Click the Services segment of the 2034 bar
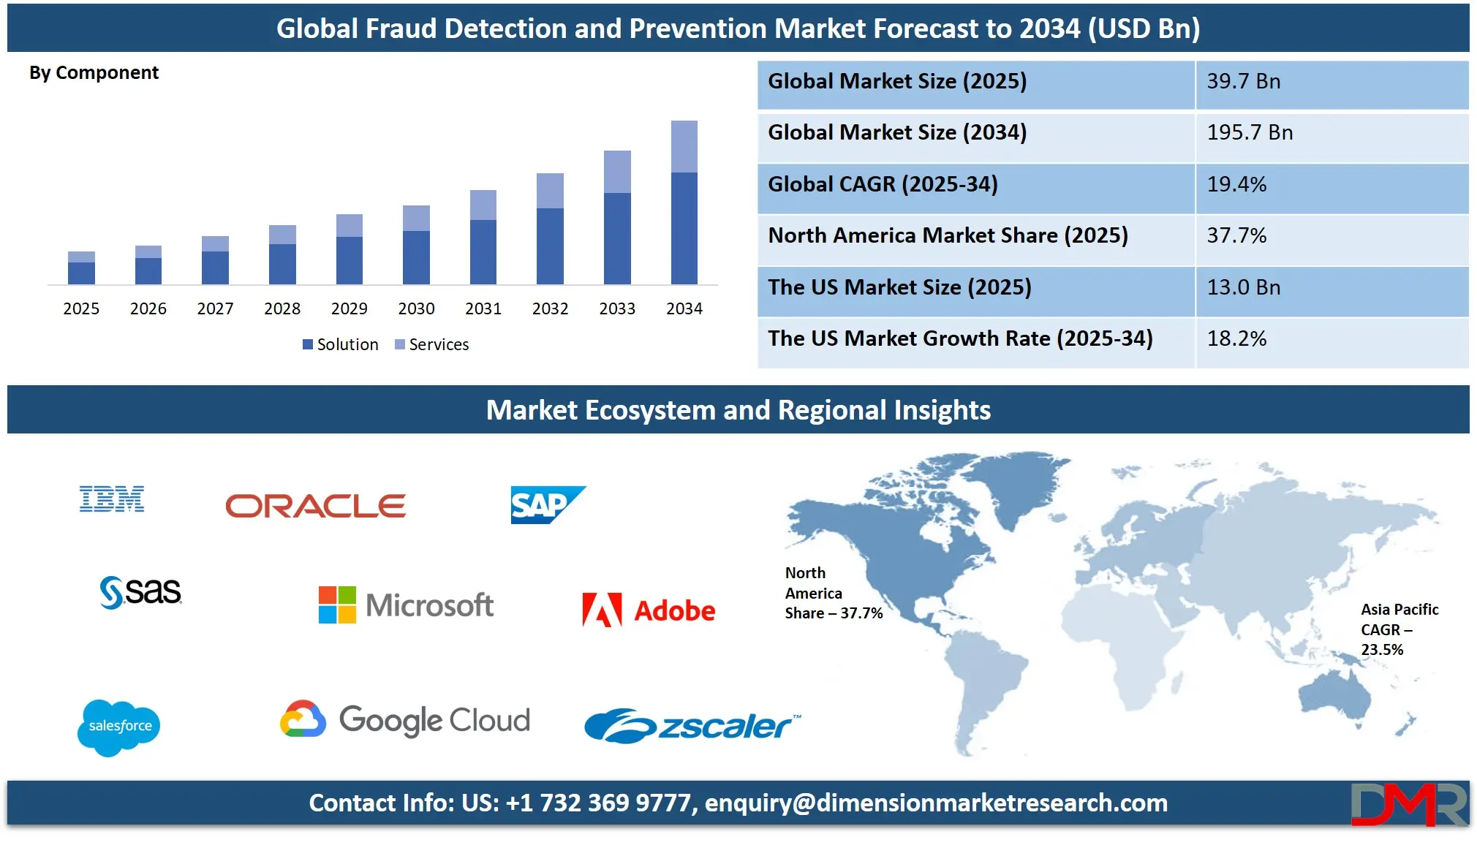point(684,146)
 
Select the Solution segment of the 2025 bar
point(81,273)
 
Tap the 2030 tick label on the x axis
point(416,308)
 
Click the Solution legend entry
point(341,344)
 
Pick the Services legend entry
point(431,344)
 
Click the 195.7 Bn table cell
point(1250,133)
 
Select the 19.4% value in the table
point(1236,184)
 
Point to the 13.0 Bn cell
point(1243,287)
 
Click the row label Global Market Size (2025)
point(897,81)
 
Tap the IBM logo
point(112,499)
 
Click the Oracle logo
point(315,506)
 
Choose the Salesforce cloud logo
point(119,727)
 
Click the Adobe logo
point(649,610)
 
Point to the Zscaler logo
point(692,725)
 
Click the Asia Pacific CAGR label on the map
point(1399,629)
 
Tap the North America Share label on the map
point(833,593)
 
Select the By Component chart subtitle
point(94,73)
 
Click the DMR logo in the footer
point(1408,804)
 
